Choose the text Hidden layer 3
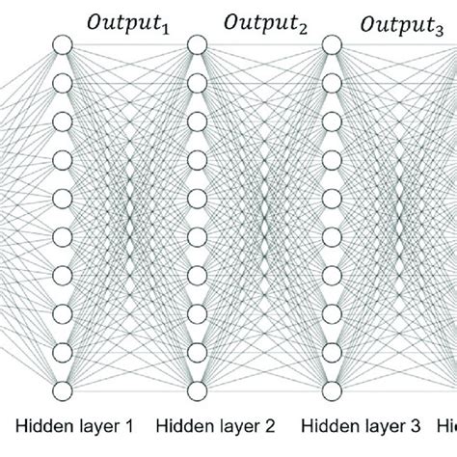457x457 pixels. pos(347,424)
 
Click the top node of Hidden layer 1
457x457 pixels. pos(63,43)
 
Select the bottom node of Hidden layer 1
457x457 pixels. pos(63,390)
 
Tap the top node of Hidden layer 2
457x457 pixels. pos(197,43)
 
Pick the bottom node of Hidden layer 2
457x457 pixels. pos(197,390)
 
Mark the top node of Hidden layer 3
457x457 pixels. pos(332,43)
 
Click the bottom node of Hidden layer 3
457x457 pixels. pos(332,390)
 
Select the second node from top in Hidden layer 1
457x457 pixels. pos(63,82)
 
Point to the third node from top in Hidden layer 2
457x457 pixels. pos(197,121)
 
